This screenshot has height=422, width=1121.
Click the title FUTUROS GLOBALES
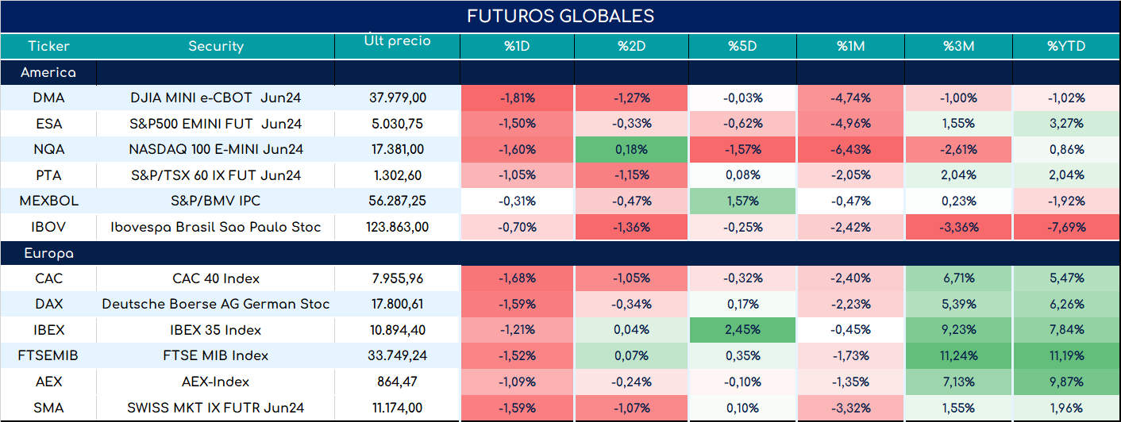click(560, 16)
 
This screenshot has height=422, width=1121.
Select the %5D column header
click(742, 46)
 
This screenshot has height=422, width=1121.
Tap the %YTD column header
click(1066, 46)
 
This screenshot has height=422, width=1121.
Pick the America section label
click(48, 72)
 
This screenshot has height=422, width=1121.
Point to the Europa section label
click(49, 254)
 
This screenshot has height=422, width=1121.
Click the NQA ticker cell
click(48, 149)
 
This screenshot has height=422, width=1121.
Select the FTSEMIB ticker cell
click(48, 355)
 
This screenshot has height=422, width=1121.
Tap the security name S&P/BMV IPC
click(216, 201)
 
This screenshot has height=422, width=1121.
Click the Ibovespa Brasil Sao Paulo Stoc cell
click(216, 227)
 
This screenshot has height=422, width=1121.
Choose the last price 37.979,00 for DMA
click(398, 98)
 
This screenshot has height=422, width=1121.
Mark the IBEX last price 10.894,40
click(398, 330)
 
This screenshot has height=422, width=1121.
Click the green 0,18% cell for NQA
click(632, 149)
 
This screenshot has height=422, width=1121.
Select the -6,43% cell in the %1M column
click(851, 149)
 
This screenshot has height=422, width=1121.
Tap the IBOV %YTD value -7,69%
click(1066, 227)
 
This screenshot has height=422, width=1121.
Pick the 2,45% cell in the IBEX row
click(742, 330)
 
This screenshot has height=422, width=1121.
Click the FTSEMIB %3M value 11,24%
click(959, 355)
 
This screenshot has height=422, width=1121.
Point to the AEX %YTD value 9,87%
click(1066, 382)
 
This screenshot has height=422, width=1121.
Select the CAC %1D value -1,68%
click(517, 278)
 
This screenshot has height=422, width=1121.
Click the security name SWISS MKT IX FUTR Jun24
click(216, 408)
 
